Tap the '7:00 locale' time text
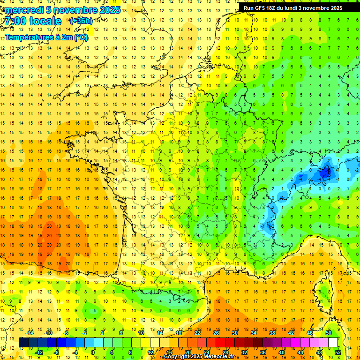pos(33,22)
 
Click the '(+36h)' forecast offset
pos(81,21)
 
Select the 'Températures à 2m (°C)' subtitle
pos(46,37)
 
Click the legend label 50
pos(329,333)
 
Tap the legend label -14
pos(30,333)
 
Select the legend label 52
pos(337,352)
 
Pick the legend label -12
pos(39,352)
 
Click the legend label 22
pos(197,333)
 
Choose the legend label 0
pos(93,352)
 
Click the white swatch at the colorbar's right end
pos(333,343)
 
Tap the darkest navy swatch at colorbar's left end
pos(23,343)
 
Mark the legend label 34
pos(254,333)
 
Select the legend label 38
pos(272,333)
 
